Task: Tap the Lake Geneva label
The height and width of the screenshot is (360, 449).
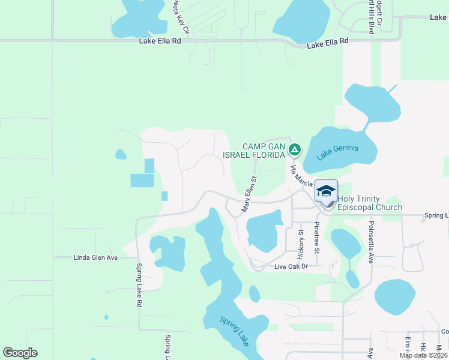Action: [337, 154]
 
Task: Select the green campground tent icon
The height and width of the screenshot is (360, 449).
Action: [294, 149]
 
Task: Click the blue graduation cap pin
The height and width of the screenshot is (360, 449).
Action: [326, 191]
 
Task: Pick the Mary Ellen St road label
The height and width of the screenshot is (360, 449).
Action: [249, 194]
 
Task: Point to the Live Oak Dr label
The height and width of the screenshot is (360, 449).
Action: [291, 266]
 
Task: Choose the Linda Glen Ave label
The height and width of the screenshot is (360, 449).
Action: [95, 257]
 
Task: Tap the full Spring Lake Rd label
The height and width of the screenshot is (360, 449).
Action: [138, 286]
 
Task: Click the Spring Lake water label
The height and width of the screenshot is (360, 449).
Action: [234, 332]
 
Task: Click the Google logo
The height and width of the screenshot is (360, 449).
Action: [20, 353]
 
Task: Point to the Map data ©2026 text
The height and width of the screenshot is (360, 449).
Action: [423, 355]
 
